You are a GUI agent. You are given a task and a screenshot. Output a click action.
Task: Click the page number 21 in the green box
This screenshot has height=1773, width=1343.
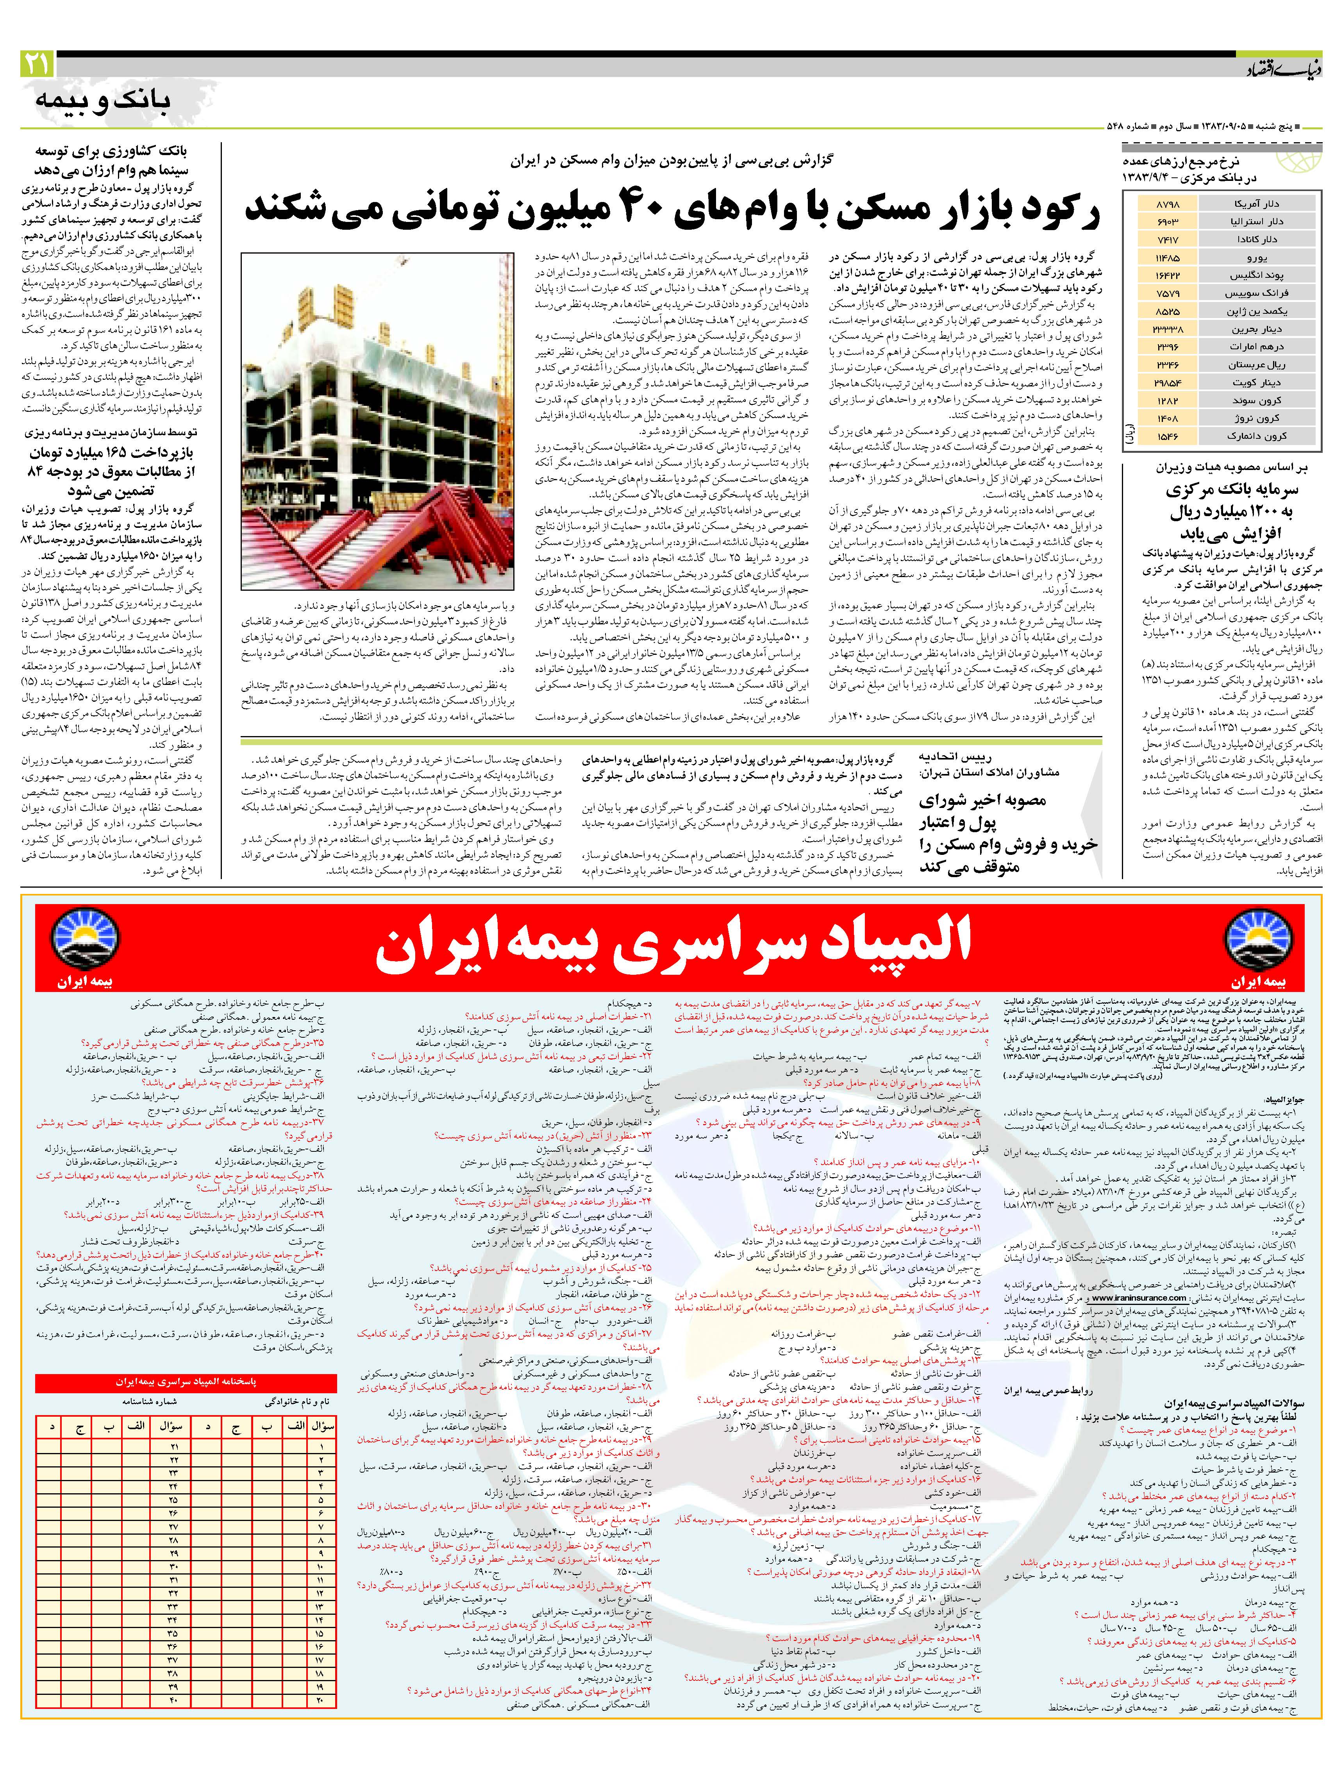pyautogui.click(x=37, y=64)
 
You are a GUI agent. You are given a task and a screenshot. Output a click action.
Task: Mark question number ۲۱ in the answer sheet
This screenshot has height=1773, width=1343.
pyautogui.click(x=175, y=1445)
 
